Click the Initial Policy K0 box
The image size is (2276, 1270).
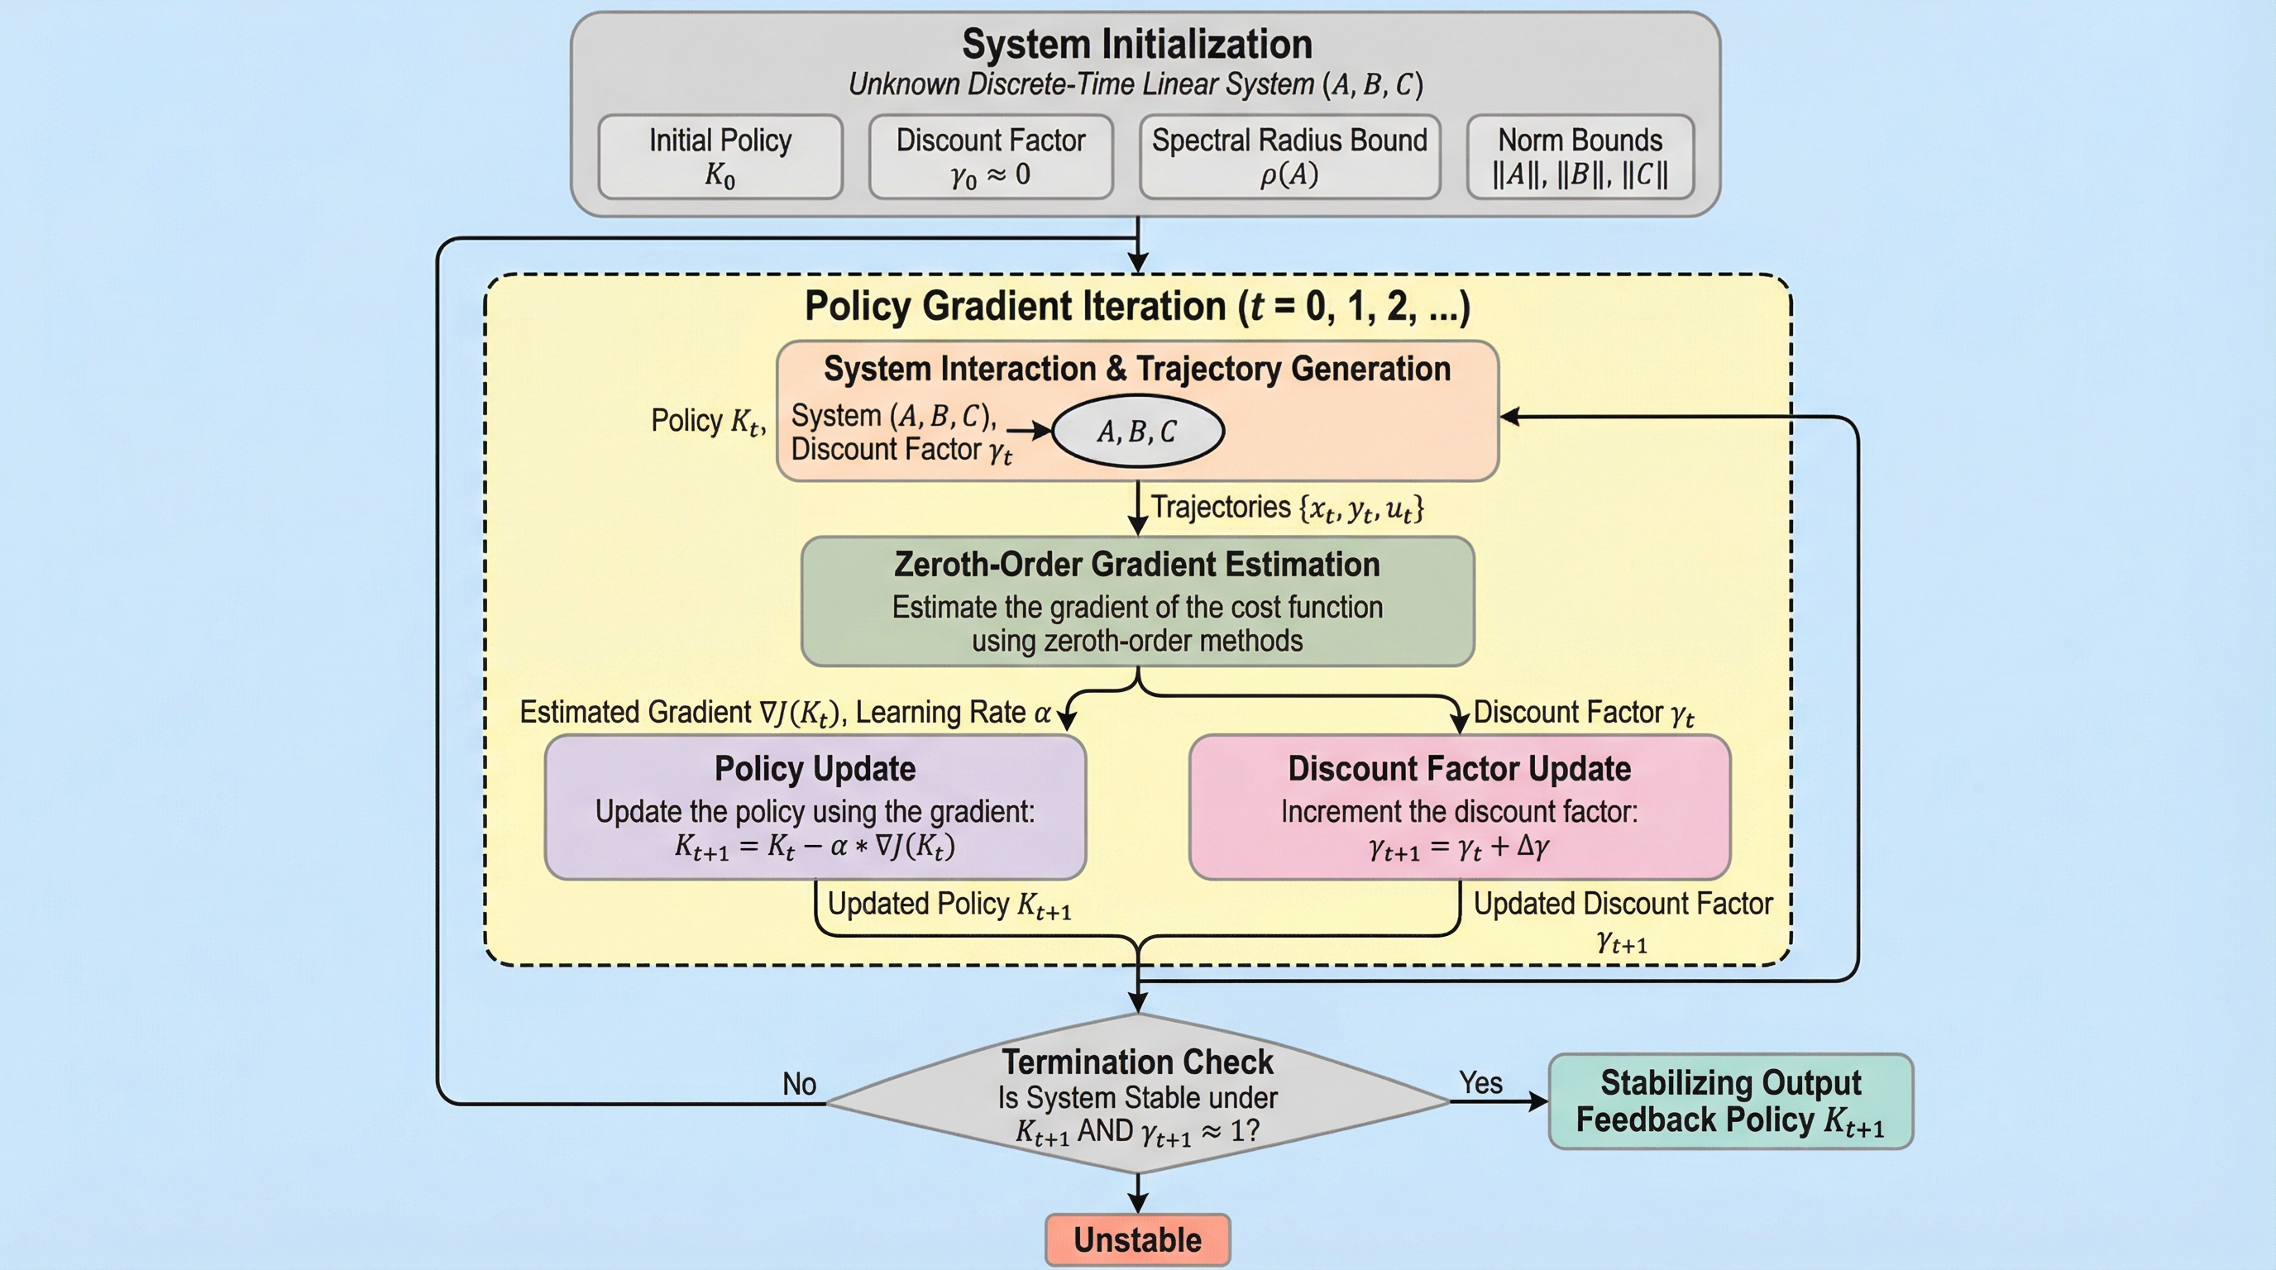(x=720, y=157)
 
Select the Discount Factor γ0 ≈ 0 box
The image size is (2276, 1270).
(x=991, y=157)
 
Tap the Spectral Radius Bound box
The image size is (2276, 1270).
(x=1289, y=157)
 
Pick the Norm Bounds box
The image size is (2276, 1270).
(x=1580, y=157)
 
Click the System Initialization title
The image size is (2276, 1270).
(x=1136, y=44)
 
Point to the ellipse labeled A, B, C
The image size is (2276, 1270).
(x=1137, y=431)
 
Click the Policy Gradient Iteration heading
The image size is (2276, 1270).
(x=1136, y=307)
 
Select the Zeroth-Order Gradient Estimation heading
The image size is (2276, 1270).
(x=1137, y=565)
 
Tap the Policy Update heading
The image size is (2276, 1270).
(x=815, y=768)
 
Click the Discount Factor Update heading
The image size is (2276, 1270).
(x=1459, y=768)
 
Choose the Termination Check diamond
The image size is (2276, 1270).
(x=1137, y=1096)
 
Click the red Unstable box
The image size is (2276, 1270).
(x=1137, y=1239)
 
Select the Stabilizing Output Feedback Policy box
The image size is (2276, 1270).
(x=1730, y=1101)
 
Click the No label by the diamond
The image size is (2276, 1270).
(x=799, y=1084)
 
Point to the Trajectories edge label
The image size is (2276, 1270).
(x=1286, y=508)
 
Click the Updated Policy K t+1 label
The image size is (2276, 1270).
(x=949, y=905)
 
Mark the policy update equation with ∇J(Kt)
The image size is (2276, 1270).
(x=815, y=846)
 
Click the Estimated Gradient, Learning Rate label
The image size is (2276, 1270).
(x=785, y=713)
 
